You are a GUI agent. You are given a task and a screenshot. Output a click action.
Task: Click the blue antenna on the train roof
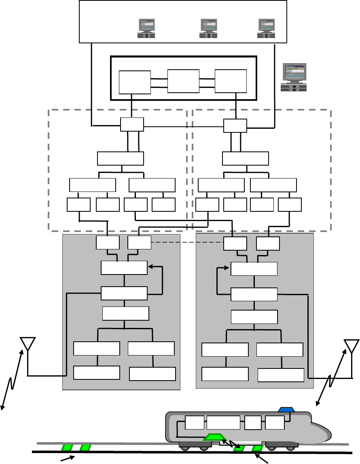point(287,409)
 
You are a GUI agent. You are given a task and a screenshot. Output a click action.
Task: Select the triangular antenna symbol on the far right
point(351,345)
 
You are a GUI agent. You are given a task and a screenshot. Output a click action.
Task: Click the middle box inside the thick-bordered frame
point(183,81)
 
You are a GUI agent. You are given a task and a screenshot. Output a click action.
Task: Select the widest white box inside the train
point(223,423)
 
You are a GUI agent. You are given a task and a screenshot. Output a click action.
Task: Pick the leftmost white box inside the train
point(195,423)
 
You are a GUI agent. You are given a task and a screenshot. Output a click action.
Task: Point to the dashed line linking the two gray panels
point(187,243)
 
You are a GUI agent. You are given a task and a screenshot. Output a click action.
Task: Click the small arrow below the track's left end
point(67,458)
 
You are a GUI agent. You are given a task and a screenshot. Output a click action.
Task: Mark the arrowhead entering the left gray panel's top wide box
point(150,266)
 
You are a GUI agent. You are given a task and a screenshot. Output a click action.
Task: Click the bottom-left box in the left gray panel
point(96,373)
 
